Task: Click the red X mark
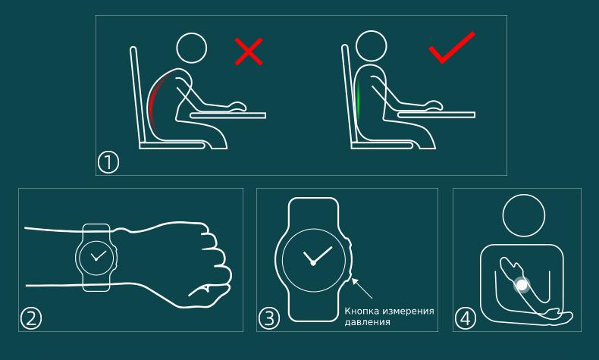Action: [249, 52]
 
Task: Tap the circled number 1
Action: [108, 162]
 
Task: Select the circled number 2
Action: [31, 318]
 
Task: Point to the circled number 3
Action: [269, 318]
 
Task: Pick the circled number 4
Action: [466, 318]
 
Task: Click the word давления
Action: [362, 322]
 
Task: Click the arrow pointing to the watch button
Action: [362, 288]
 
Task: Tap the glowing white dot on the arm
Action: [522, 285]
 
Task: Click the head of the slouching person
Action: [192, 48]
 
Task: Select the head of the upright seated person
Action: [372, 46]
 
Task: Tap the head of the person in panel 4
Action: [524, 215]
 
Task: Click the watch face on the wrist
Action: [96, 258]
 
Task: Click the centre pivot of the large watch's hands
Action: [313, 263]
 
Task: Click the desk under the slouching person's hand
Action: [228, 115]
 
